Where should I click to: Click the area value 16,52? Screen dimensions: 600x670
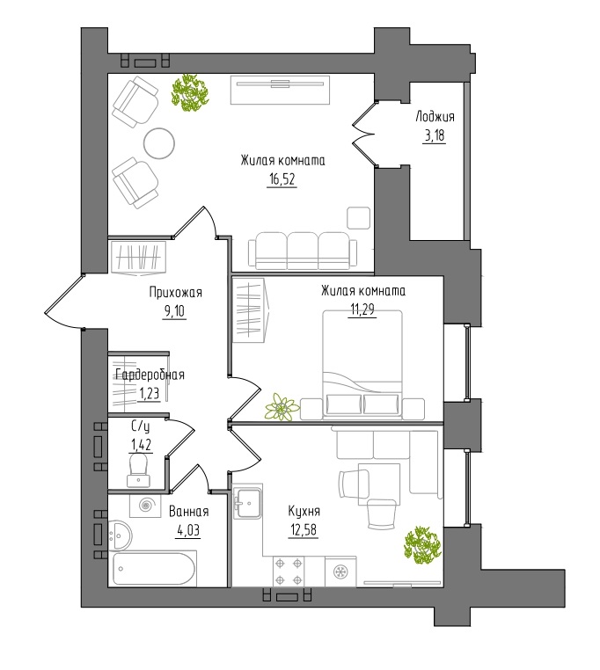[x=282, y=180]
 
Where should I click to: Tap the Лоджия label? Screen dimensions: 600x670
[x=435, y=117]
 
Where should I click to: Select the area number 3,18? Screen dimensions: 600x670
[x=434, y=136]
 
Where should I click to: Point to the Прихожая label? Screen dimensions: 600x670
[x=175, y=293]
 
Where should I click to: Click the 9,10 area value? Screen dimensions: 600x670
[x=173, y=311]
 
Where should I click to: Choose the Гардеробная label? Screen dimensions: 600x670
[x=150, y=375]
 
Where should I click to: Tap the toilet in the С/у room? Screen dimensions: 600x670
[x=139, y=470]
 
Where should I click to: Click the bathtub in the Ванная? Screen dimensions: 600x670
[x=154, y=569]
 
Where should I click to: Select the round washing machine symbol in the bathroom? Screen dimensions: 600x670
[x=145, y=506]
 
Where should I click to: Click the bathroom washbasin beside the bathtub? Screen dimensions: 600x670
[x=121, y=534]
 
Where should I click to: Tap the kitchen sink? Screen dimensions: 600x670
[x=247, y=503]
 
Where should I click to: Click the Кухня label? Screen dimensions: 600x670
[x=304, y=511]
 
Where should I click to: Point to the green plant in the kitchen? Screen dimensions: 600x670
[x=421, y=544]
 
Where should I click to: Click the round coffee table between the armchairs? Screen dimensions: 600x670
[x=159, y=143]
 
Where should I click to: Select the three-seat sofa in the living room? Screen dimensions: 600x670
[x=303, y=251]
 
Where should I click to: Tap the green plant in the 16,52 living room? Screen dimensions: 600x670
[x=189, y=92]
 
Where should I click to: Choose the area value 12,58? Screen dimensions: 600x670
[x=303, y=530]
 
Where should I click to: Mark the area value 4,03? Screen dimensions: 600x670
[x=188, y=530]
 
